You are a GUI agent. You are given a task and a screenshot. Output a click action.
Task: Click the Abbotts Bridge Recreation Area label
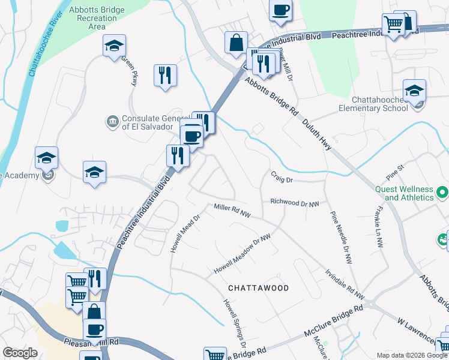(93, 18)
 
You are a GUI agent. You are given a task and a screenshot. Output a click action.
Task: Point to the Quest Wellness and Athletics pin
(442, 193)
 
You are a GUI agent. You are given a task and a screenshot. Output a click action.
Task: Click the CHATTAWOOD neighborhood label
(259, 288)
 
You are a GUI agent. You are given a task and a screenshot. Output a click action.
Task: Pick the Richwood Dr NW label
(294, 203)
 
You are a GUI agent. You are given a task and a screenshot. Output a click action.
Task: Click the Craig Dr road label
(281, 179)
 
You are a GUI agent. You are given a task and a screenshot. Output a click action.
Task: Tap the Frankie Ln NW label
(376, 227)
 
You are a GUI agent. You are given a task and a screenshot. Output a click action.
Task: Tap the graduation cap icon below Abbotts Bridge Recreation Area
(114, 46)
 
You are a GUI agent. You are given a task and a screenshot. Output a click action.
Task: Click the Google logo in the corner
(20, 353)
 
